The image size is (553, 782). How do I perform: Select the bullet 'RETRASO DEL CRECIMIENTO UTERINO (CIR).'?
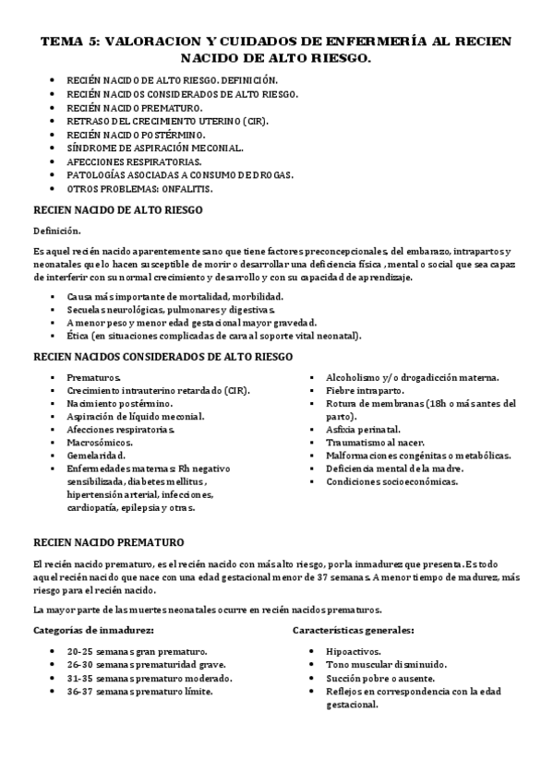(155, 121)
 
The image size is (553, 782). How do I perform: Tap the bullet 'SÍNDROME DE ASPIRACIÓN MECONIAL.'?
(155, 148)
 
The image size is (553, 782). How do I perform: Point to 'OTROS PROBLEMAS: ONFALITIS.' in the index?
(139, 188)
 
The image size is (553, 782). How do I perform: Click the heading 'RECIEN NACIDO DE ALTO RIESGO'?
(118, 210)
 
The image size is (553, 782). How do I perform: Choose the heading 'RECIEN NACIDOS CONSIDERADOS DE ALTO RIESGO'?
(162, 357)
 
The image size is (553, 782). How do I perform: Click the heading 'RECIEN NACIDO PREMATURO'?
(108, 541)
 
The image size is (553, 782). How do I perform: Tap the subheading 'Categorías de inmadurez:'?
(92, 631)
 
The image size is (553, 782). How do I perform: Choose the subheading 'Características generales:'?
(353, 631)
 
